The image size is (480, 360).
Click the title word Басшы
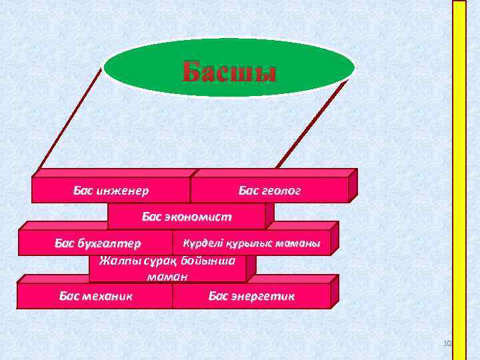[x=229, y=71]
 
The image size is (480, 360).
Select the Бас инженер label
[x=111, y=191]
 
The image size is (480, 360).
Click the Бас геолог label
[x=269, y=191]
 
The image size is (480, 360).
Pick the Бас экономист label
[x=187, y=217]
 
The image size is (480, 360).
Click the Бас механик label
[x=96, y=295]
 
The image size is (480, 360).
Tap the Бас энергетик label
[x=251, y=295]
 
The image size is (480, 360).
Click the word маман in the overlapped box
[x=167, y=275]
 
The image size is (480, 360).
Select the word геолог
[x=281, y=191]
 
